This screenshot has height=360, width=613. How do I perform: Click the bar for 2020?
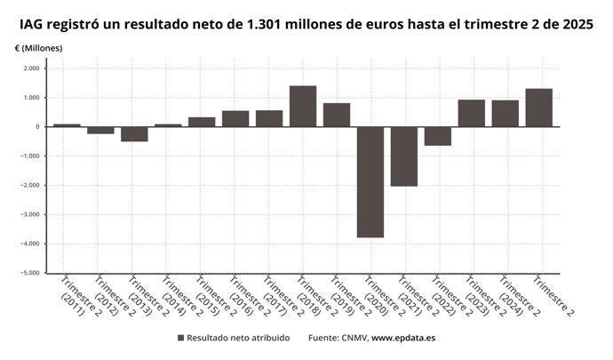point(370,182)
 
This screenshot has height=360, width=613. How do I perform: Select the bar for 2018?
point(303,106)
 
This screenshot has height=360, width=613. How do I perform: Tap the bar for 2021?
point(404,156)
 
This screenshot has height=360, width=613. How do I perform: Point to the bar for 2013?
point(134,134)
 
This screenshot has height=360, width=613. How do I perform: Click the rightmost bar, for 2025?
point(539,108)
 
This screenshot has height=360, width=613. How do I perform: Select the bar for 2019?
point(337,115)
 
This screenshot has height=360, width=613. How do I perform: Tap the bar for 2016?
point(235,118)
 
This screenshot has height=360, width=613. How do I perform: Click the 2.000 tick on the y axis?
point(31,68)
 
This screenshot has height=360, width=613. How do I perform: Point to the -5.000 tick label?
point(30,273)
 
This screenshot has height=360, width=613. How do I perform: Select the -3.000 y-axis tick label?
point(30,214)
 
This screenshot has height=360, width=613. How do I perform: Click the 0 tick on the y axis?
point(37,127)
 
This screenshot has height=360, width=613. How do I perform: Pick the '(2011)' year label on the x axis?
point(72,308)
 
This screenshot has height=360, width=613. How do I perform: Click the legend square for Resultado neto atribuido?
point(180,339)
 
